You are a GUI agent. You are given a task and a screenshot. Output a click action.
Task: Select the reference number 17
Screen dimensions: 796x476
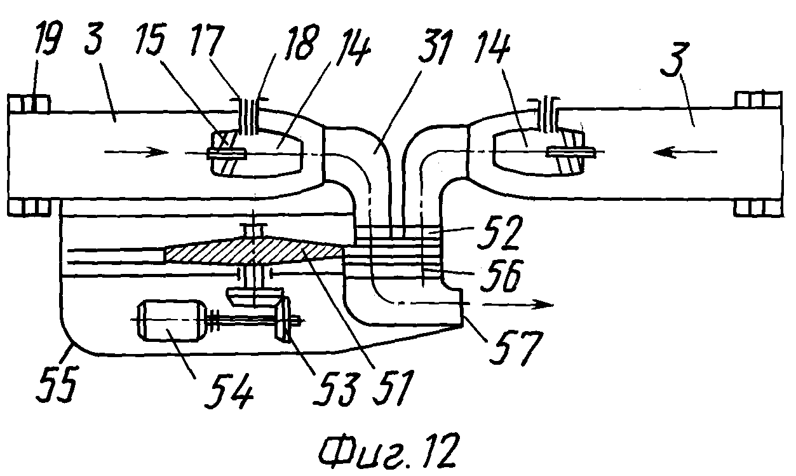pyautogui.click(x=207, y=40)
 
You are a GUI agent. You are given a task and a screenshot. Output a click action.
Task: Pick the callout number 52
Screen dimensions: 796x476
pyautogui.click(x=500, y=233)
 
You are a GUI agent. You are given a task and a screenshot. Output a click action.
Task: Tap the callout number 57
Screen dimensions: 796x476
pyautogui.click(x=517, y=348)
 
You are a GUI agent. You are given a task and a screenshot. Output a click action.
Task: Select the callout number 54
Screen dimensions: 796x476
pyautogui.click(x=229, y=390)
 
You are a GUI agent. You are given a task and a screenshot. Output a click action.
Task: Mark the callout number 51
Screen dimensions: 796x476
pyautogui.click(x=393, y=388)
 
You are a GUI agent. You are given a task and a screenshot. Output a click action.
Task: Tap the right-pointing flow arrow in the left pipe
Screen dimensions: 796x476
pyautogui.click(x=136, y=153)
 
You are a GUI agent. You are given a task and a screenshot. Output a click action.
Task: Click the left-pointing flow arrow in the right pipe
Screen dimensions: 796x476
pyautogui.click(x=685, y=152)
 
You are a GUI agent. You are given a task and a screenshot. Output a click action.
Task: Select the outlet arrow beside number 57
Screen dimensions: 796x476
pyautogui.click(x=518, y=304)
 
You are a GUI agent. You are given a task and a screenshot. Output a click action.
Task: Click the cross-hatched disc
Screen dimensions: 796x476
pyautogui.click(x=255, y=251)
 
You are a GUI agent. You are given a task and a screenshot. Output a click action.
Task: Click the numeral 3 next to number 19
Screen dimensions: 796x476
pyautogui.click(x=93, y=39)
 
